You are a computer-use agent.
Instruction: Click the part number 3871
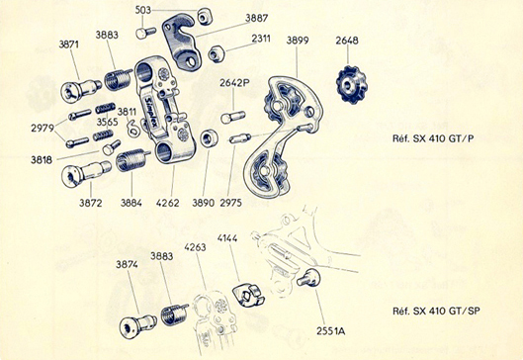68,45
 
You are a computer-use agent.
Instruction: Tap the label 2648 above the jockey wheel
347,41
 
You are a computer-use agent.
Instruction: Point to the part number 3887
256,18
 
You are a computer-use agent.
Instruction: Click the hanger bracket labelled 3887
181,42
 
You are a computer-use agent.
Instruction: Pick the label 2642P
234,83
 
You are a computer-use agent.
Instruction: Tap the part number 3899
298,41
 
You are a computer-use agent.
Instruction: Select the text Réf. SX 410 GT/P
433,138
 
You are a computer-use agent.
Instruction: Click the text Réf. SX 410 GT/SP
436,311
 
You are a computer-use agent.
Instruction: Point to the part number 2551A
331,331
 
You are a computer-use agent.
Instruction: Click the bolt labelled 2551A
308,278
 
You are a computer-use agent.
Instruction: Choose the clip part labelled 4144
251,294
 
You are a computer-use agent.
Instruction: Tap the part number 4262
167,203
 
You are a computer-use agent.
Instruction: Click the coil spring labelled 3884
132,160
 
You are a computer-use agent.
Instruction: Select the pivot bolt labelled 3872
86,173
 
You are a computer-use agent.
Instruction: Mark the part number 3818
42,160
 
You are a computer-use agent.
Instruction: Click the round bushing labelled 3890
210,138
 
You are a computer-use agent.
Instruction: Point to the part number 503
143,10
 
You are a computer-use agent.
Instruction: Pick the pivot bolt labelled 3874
137,325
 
